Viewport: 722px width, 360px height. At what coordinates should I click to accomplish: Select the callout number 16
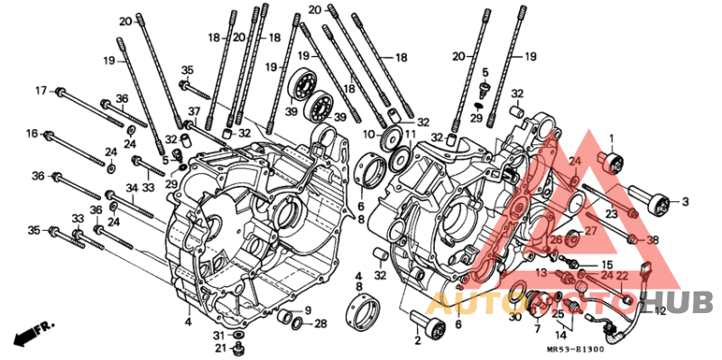(x=32, y=134)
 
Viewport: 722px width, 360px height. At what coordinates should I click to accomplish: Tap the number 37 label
(x=194, y=111)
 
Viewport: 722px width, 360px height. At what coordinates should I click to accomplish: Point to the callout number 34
(x=132, y=188)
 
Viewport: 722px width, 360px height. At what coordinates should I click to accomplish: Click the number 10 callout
(x=369, y=134)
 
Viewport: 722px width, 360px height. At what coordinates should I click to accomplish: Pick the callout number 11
(x=410, y=134)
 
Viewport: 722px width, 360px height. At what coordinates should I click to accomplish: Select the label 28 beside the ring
(x=320, y=324)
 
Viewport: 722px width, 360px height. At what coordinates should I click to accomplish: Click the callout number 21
(x=221, y=346)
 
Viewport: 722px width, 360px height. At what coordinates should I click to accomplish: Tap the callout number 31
(x=221, y=334)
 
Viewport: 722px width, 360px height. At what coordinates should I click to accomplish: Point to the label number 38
(x=653, y=240)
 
